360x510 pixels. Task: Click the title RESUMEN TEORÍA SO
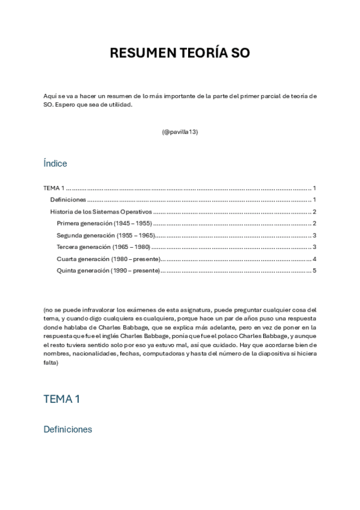click(x=180, y=54)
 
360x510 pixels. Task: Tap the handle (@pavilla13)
click(x=180, y=132)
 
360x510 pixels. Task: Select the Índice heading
click(x=55, y=164)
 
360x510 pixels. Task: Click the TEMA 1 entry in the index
click(x=54, y=188)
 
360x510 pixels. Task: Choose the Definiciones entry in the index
click(x=68, y=200)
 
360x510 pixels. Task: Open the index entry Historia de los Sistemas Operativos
click(x=100, y=212)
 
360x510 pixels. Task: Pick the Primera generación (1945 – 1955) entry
click(x=104, y=223)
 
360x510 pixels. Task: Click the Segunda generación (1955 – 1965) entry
click(x=106, y=235)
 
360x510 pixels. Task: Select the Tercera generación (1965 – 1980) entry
click(x=103, y=247)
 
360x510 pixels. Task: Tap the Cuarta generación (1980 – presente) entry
click(x=108, y=259)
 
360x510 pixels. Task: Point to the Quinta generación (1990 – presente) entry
click(x=108, y=271)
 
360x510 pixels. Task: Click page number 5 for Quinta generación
click(x=314, y=271)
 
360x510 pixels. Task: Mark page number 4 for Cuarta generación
click(x=314, y=259)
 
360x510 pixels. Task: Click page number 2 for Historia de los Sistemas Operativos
click(x=314, y=212)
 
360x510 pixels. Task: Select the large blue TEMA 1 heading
click(x=62, y=399)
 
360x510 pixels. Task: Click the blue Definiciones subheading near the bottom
click(x=68, y=429)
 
